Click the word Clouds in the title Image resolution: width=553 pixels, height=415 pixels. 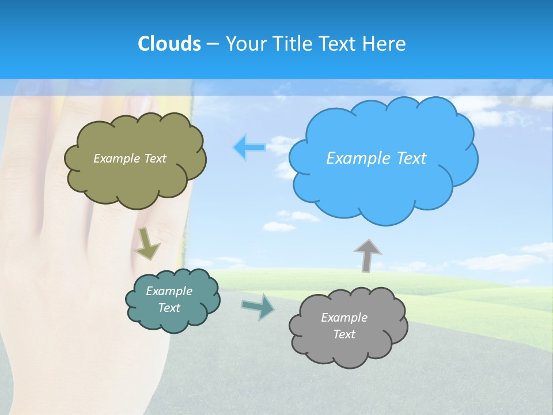click(x=169, y=44)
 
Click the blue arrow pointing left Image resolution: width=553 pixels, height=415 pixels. click(x=249, y=148)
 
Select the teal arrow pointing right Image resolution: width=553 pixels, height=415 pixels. click(x=258, y=306)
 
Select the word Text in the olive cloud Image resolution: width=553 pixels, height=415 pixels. click(x=154, y=159)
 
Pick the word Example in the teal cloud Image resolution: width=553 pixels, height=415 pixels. click(x=169, y=291)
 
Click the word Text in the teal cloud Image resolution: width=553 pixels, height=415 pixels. click(x=169, y=308)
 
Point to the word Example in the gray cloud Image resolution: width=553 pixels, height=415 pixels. click(x=344, y=318)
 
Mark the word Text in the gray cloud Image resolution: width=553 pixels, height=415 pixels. click(x=344, y=334)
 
